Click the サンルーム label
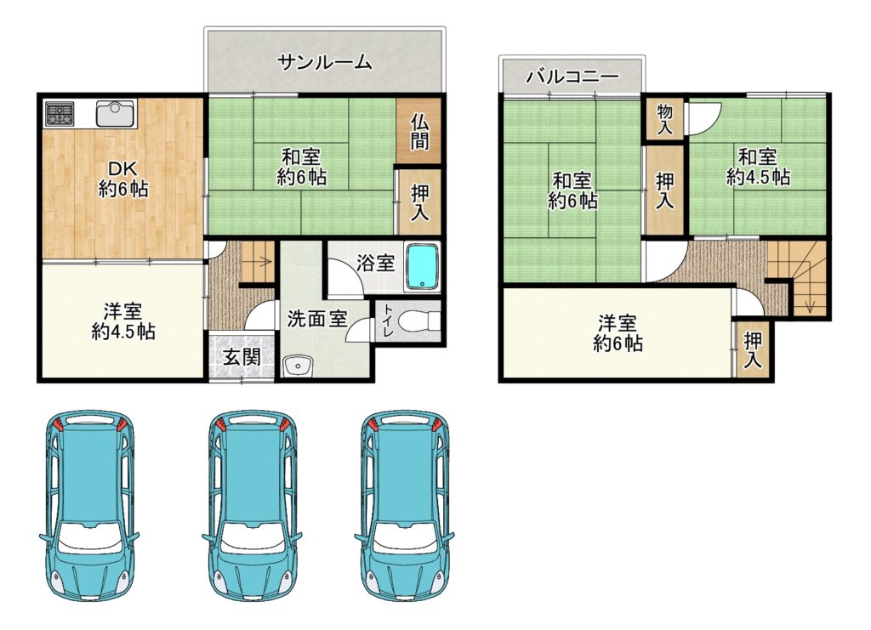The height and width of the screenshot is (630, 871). click(x=324, y=62)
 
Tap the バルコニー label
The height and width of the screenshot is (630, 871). click(x=572, y=76)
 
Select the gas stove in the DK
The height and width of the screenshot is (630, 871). click(x=60, y=113)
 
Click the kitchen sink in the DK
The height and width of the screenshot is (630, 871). click(x=116, y=114)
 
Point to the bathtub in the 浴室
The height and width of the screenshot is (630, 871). click(x=422, y=267)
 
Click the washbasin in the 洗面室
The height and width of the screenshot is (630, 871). click(x=299, y=366)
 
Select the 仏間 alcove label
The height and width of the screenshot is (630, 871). click(x=419, y=132)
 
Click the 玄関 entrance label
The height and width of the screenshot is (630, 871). click(x=242, y=357)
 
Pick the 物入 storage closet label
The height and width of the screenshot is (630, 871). click(x=664, y=119)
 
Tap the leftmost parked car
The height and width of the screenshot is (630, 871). click(x=88, y=506)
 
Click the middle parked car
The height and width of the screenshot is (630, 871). click(x=252, y=506)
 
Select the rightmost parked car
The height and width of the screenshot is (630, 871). click(x=404, y=506)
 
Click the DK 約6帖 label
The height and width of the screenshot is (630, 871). click(x=122, y=179)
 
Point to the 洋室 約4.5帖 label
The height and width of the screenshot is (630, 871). click(x=122, y=321)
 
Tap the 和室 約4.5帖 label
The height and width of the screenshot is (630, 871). click(x=758, y=167)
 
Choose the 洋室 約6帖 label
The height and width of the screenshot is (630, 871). click(x=618, y=333)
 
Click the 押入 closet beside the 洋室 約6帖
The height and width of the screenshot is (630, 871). click(x=753, y=350)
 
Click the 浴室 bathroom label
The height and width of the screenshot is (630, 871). click(x=375, y=263)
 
